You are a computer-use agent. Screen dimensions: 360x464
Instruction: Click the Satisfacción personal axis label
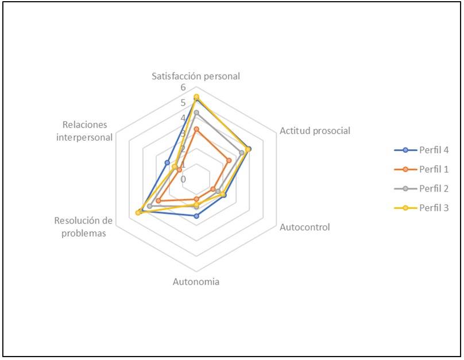pos(195,76)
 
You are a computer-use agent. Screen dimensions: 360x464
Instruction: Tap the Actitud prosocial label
pos(315,130)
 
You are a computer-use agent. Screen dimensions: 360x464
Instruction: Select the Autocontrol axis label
pos(304,227)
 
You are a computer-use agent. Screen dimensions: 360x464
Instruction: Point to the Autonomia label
pos(196,282)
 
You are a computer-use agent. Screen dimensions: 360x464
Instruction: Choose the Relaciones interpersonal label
pos(86,131)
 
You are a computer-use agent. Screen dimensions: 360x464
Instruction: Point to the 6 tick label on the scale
pos(183,87)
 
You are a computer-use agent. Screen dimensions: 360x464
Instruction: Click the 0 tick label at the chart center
pos(183,179)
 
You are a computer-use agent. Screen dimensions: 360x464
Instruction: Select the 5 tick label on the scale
pos(183,103)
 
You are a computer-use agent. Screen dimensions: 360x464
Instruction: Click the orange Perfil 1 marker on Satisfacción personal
pos(196,129)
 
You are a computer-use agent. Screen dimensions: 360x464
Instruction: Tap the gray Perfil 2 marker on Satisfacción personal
pos(196,113)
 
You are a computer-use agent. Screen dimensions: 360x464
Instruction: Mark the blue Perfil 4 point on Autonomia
pos(196,216)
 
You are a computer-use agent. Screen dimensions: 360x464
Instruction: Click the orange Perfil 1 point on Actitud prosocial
pos(228,160)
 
